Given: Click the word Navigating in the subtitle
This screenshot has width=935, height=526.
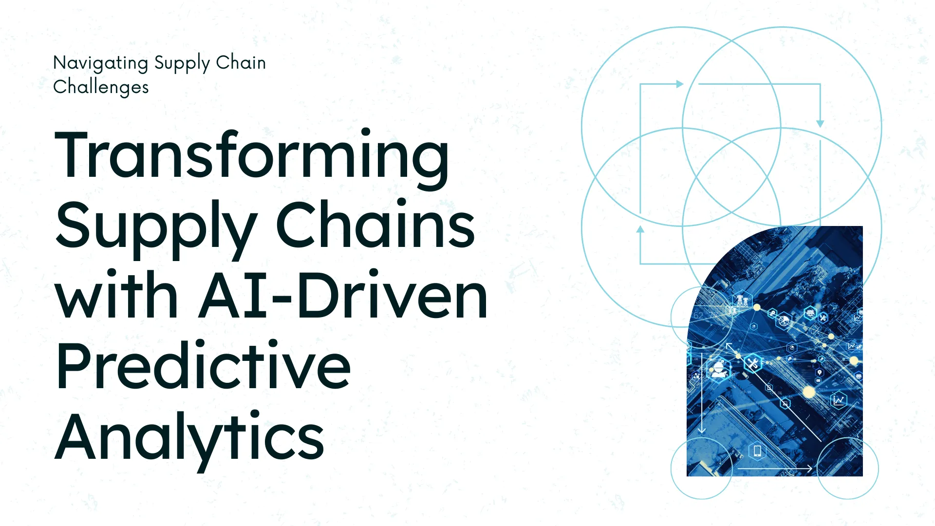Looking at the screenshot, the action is click(101, 64).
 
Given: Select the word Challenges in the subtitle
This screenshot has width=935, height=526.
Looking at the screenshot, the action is click(101, 88).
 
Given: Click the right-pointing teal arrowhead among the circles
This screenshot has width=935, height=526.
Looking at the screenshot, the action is click(680, 84).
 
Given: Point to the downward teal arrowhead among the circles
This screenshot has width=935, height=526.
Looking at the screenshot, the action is click(820, 124).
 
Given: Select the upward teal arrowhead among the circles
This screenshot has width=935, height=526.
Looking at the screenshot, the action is click(640, 229).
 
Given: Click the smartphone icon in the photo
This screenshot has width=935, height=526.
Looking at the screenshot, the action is click(757, 451).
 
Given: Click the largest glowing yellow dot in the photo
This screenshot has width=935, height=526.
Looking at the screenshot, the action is click(809, 392).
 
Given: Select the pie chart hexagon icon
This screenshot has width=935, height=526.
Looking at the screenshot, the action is click(784, 321).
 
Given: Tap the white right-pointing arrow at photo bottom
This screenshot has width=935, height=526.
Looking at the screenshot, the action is click(775, 469).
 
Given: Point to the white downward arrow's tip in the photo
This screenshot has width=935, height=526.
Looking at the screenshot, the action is click(701, 433).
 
